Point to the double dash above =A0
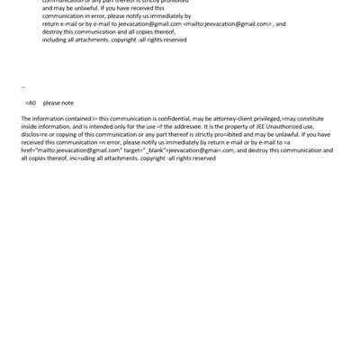[22, 88]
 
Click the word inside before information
[30, 127]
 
